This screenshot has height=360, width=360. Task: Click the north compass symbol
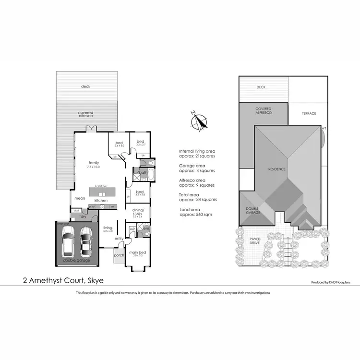tap(199, 121)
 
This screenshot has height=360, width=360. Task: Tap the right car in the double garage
tap(87, 240)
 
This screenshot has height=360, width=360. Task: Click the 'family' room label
tap(93, 162)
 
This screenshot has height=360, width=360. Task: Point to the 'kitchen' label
tap(101, 200)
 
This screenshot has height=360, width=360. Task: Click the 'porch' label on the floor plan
tap(119, 255)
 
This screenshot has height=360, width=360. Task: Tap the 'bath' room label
tap(143, 172)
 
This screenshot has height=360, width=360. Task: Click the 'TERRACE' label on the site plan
tap(309, 113)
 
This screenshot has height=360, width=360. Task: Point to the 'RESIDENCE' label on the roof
tap(276, 169)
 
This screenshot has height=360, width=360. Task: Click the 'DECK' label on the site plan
tap(261, 87)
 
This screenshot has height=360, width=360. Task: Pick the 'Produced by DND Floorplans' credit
tap(331, 283)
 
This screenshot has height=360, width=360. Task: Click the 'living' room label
tap(108, 228)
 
